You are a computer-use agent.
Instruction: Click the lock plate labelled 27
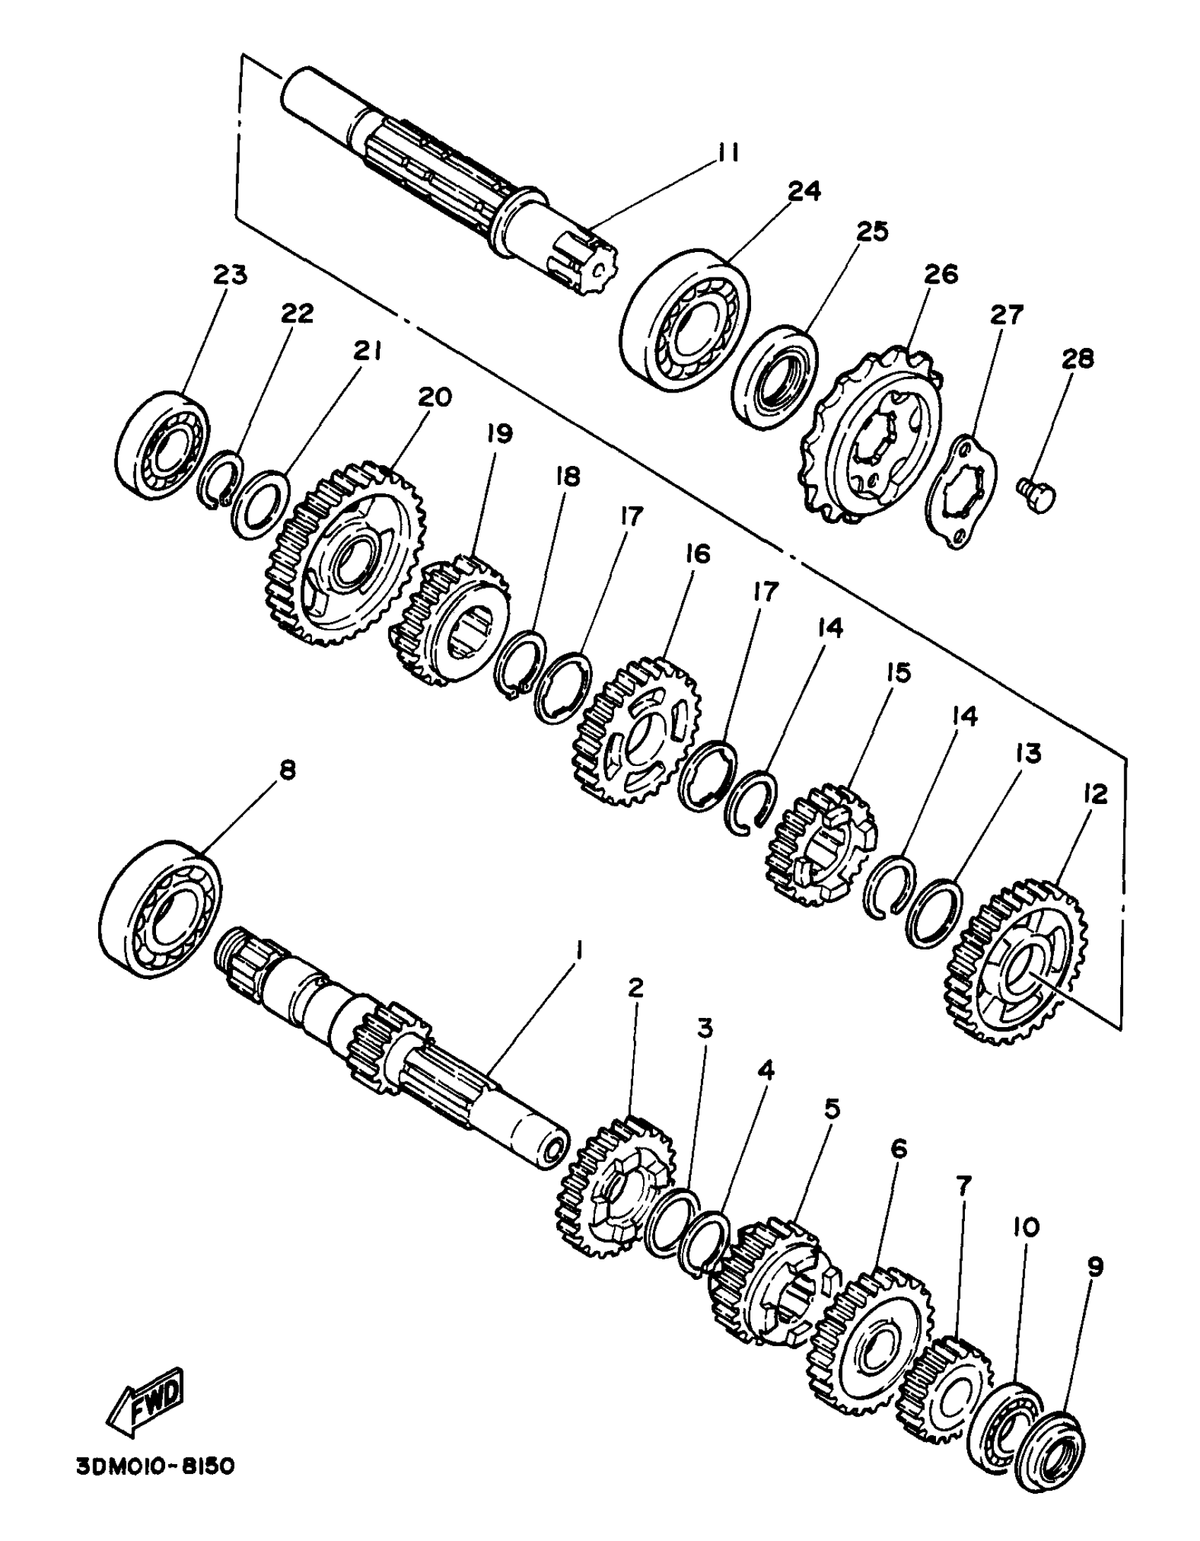point(961,492)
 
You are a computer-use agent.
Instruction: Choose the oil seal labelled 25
point(775,377)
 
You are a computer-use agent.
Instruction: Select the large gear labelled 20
point(346,554)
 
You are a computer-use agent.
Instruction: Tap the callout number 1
point(579,951)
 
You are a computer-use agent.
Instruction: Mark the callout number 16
point(697,554)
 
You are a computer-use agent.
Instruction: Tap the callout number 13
point(1028,753)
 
